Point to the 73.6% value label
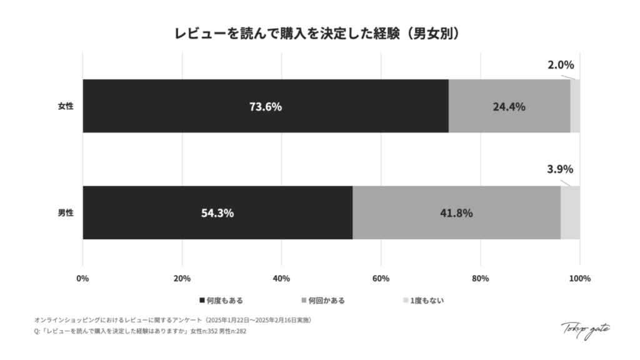266,106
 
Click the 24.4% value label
509,106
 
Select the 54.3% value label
217,212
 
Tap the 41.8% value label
456,212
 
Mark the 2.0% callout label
561,64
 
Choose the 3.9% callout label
561,170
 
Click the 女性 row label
66,106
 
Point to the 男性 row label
66,212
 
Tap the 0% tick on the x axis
82,278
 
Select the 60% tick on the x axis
381,278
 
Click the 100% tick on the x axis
580,278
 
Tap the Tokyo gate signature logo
586,327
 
